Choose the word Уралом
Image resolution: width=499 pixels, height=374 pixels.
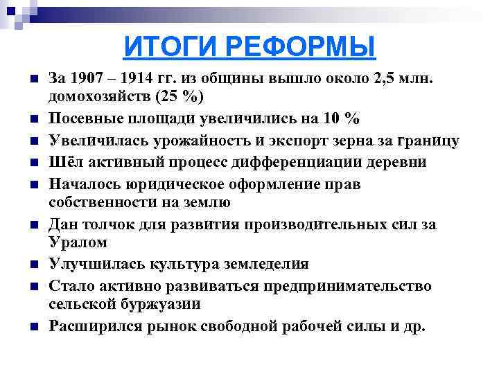[x=78, y=242]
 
